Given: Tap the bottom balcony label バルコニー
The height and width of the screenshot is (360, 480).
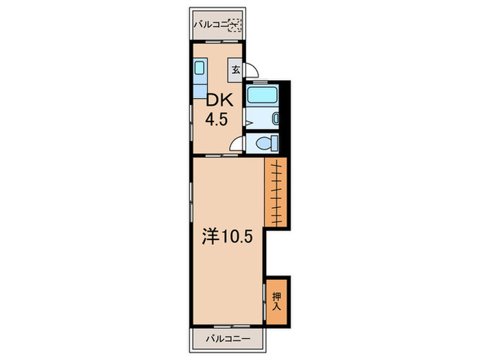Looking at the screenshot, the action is [228, 339].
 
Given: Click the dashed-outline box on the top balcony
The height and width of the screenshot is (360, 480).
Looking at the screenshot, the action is [235, 25].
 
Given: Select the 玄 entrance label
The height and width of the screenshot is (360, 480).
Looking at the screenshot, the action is [235, 70].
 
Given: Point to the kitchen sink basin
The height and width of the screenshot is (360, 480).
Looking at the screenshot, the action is [200, 68].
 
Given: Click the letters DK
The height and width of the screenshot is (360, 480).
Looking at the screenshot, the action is [220, 100].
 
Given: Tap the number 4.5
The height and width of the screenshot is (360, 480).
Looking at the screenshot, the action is [217, 119].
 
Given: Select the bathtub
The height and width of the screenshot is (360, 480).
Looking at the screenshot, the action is [262, 95].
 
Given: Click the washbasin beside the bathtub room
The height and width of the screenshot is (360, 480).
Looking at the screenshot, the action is [276, 119].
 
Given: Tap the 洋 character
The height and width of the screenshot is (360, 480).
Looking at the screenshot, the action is [211, 237].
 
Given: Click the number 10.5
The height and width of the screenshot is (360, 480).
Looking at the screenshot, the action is [237, 237].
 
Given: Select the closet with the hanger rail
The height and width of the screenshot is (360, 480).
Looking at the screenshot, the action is [276, 192].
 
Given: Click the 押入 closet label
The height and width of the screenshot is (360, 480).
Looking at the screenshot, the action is [276, 301].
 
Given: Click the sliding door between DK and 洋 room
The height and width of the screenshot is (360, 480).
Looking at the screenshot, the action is [221, 156].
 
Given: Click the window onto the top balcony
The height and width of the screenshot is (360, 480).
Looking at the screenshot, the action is [221, 41].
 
